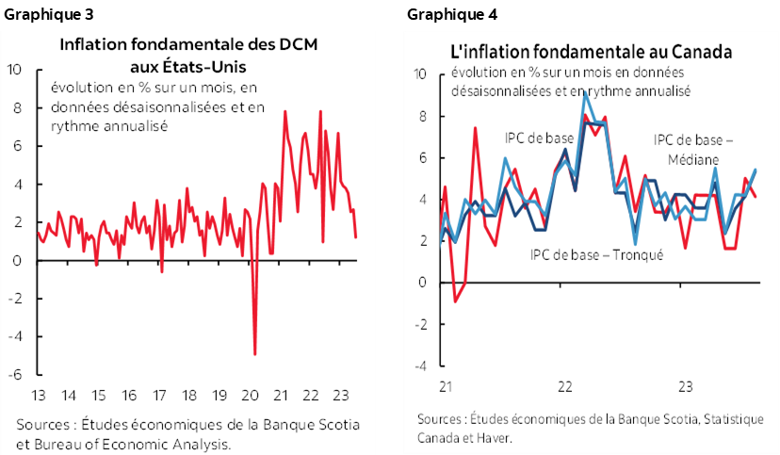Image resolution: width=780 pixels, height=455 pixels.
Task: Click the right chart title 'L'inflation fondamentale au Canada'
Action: [593, 52]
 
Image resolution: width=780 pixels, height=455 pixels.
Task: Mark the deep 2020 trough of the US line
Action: [254, 354]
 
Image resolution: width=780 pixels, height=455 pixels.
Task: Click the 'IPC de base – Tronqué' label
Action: [597, 253]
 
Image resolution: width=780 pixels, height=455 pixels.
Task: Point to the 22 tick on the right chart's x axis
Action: [565, 387]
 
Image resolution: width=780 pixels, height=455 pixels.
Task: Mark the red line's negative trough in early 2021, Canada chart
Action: [455, 301]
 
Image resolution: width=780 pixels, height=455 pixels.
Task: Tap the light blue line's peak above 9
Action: [586, 92]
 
